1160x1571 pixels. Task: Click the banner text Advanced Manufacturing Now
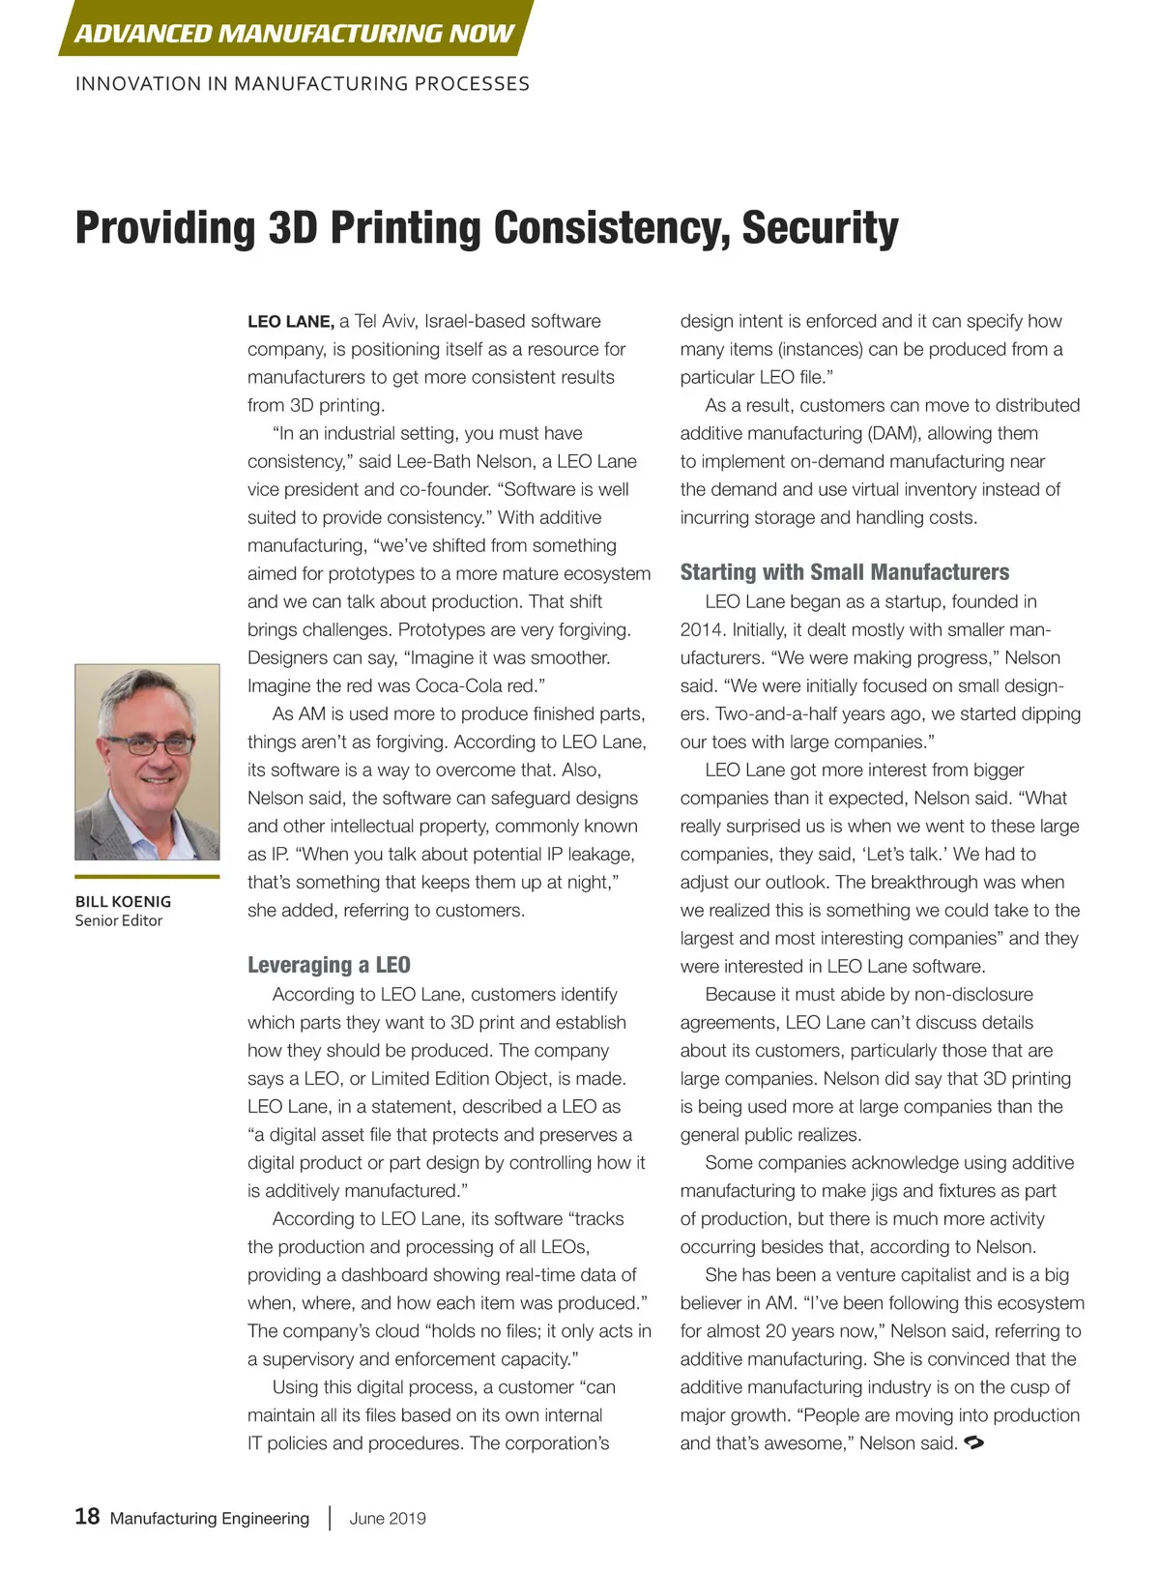click(294, 33)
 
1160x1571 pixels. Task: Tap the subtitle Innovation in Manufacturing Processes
click(303, 84)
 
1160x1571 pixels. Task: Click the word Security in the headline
click(820, 228)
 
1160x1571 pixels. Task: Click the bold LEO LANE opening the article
click(290, 322)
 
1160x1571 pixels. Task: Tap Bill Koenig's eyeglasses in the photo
click(150, 744)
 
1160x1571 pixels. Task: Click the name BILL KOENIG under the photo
click(123, 901)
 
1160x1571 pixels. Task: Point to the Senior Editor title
click(119, 920)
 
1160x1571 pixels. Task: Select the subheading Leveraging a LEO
click(329, 965)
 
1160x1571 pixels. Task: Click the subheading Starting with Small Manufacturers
click(844, 572)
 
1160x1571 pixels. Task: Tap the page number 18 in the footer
click(87, 1516)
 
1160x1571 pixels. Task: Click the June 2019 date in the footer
click(388, 1518)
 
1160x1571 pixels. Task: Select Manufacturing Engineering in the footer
click(210, 1518)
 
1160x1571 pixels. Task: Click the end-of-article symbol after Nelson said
click(974, 1443)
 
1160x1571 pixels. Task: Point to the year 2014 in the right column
click(703, 629)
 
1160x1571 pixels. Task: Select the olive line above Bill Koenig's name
click(147, 877)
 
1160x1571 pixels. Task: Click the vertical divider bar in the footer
click(330, 1517)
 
